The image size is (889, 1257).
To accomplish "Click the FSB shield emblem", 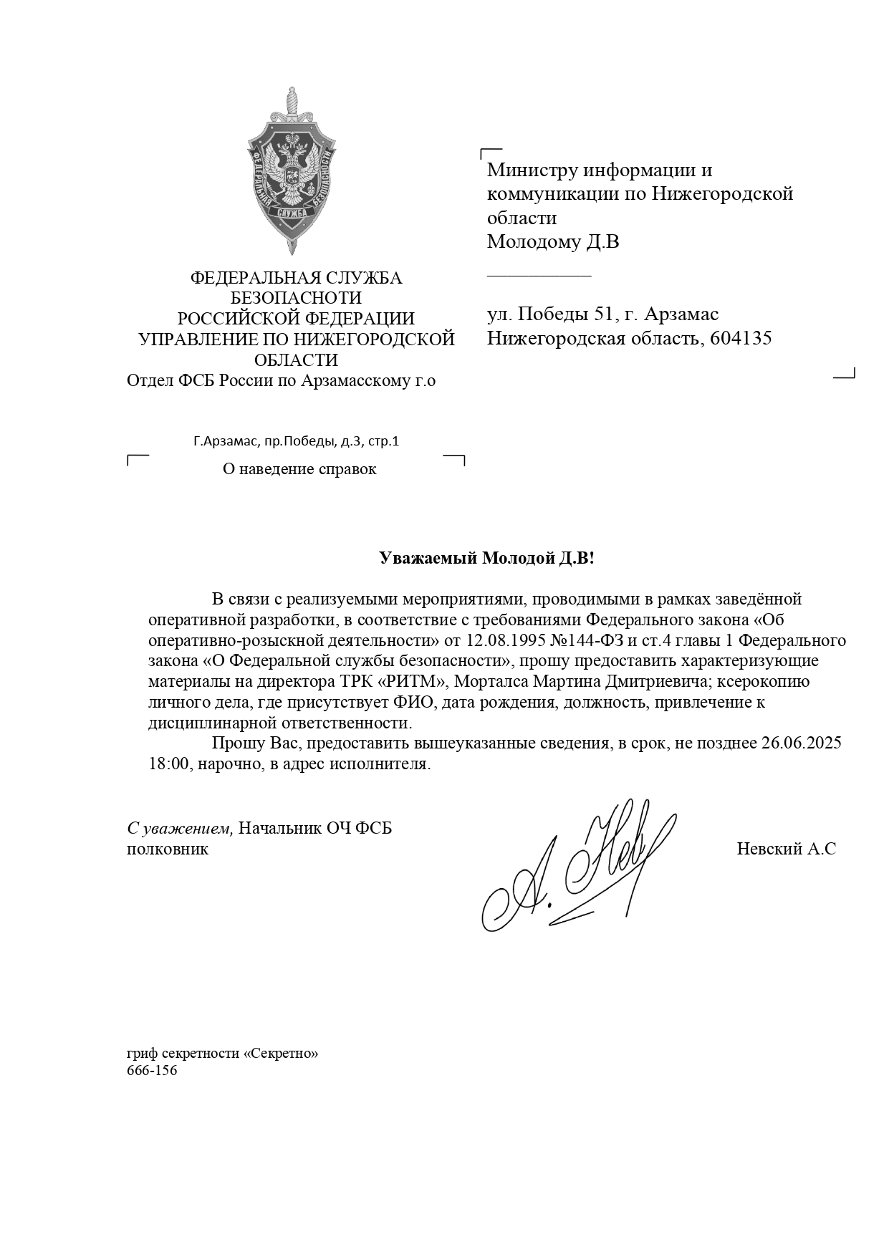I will pos(292,172).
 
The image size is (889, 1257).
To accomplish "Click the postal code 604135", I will pos(741,338).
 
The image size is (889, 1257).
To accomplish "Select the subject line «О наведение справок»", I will pos(299,469).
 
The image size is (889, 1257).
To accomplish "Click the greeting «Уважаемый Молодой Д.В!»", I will pos(486,558).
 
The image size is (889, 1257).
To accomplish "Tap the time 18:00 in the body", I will pos(169,764).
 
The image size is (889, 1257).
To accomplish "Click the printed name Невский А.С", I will pos(786,849).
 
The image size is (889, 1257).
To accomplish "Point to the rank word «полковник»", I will pos(168,849).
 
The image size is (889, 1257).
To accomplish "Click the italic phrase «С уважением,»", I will pos(180,829).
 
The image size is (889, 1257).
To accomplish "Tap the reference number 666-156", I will pos(151,1071).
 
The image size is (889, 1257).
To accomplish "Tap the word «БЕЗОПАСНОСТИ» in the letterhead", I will pos(296,298).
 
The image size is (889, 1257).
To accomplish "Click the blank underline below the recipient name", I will pos(539,274).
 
